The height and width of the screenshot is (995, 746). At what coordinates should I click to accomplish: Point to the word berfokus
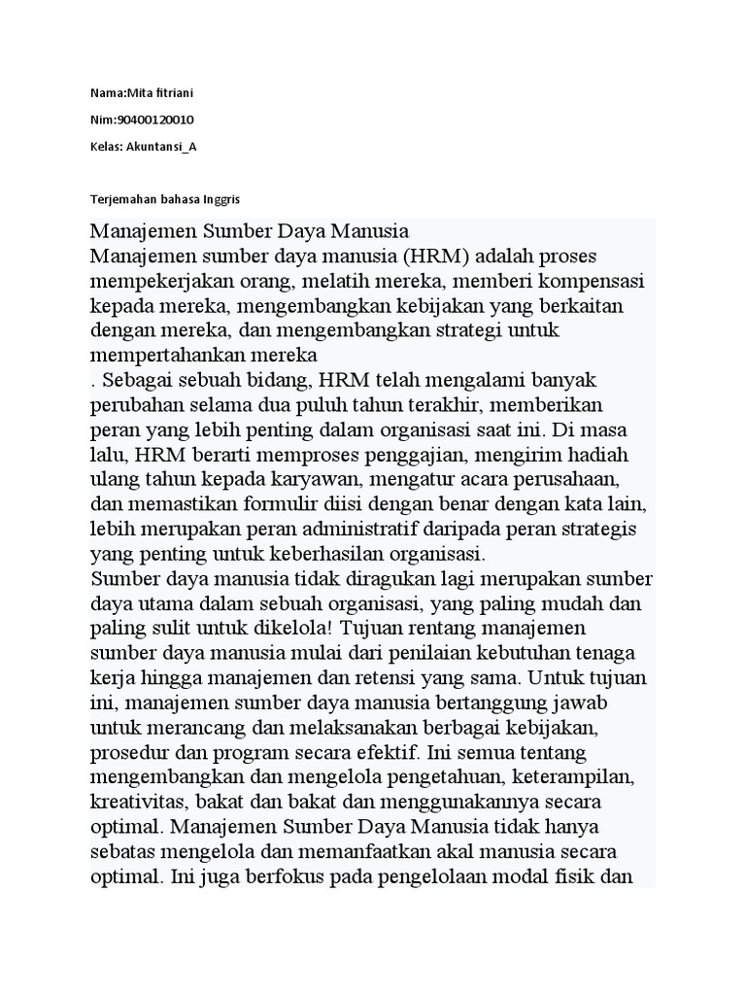(289, 875)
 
